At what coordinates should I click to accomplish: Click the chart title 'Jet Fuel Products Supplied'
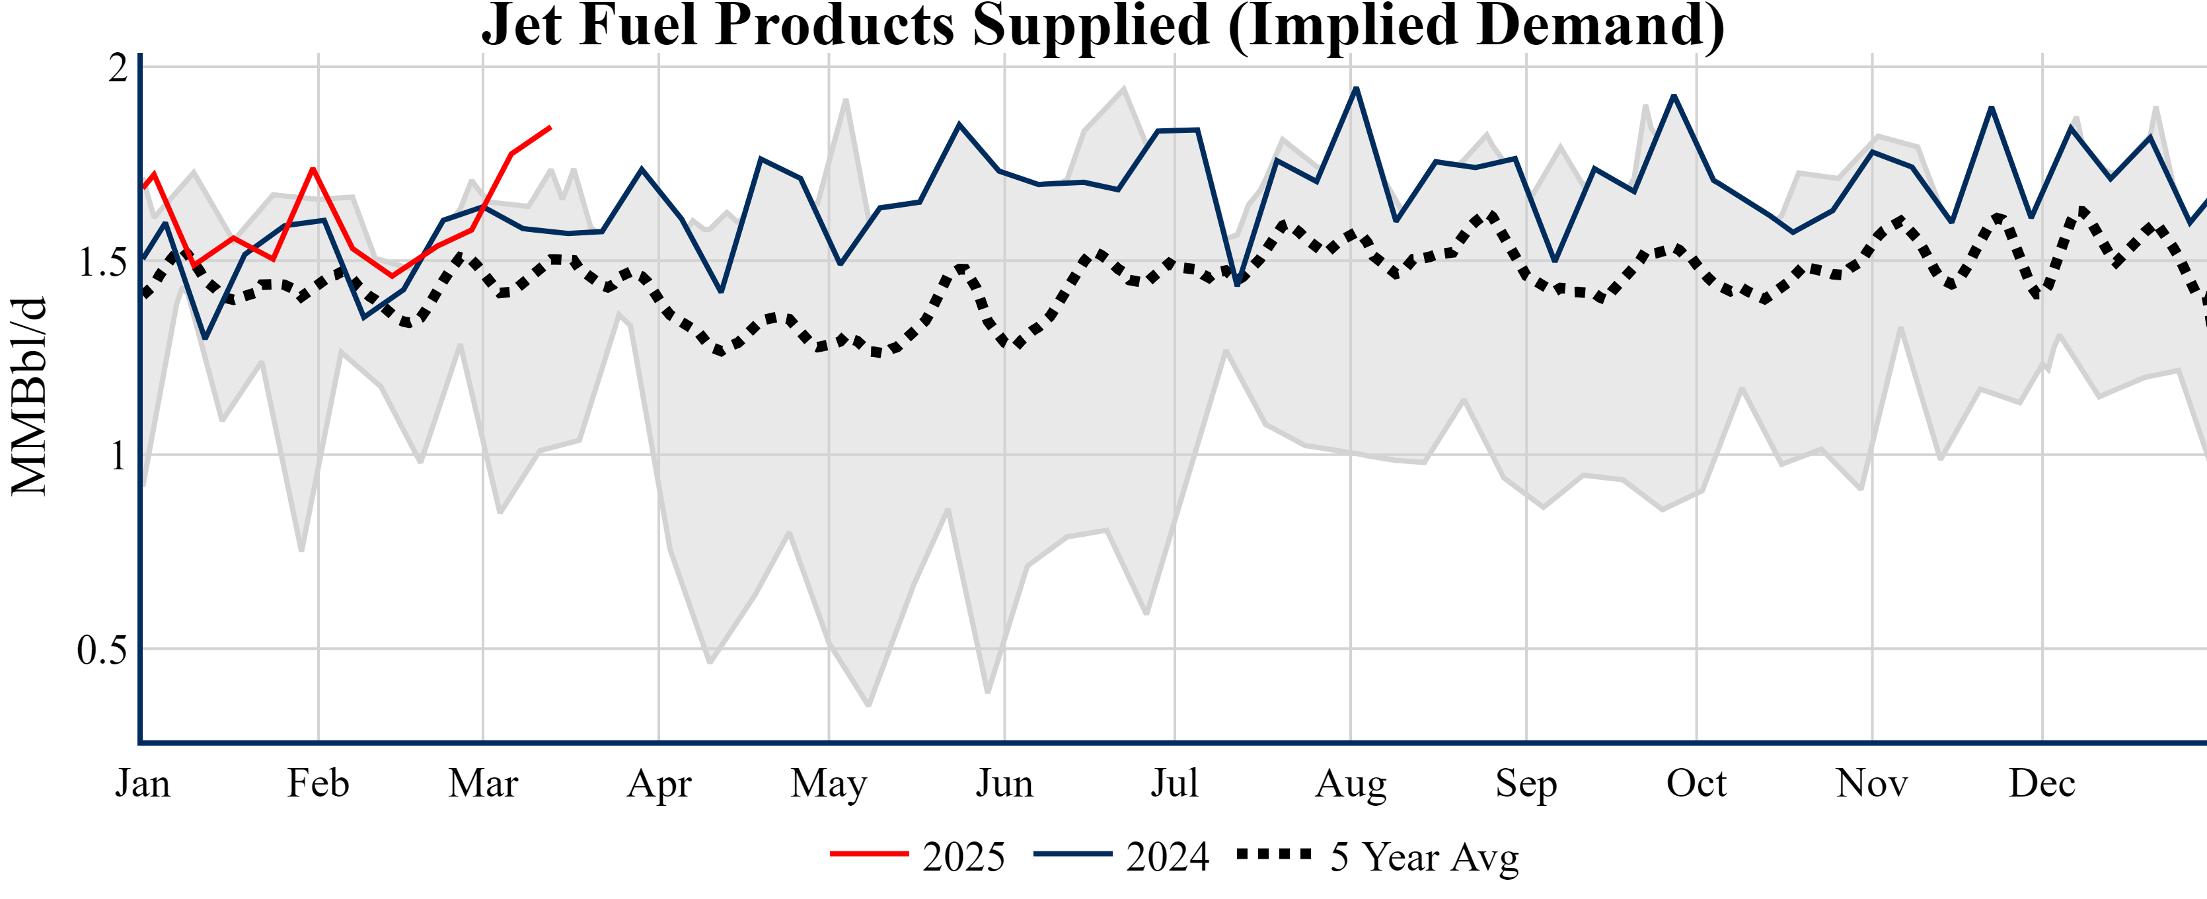click(x=1103, y=26)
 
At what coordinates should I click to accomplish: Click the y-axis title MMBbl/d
click(x=29, y=396)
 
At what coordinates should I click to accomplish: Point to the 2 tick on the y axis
click(x=118, y=67)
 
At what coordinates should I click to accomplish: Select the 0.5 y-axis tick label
click(x=102, y=650)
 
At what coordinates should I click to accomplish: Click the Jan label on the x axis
click(x=142, y=783)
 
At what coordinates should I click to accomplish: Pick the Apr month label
click(x=658, y=783)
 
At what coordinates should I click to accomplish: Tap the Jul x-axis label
click(x=1174, y=783)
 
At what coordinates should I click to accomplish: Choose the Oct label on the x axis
click(x=1696, y=783)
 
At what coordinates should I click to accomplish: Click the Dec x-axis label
click(x=2042, y=783)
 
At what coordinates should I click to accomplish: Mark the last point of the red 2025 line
click(x=550, y=127)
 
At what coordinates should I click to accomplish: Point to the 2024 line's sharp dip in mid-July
click(x=1237, y=284)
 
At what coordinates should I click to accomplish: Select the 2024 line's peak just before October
click(x=1674, y=96)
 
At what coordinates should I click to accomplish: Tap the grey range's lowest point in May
click(x=869, y=705)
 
